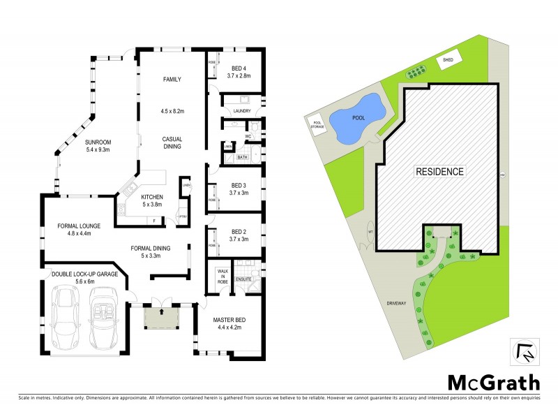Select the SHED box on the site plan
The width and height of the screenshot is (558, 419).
(x=448, y=61)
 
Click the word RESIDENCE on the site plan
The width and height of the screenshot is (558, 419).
(x=439, y=171)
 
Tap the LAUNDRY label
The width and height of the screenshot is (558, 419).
(x=242, y=111)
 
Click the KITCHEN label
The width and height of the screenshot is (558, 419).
(x=152, y=197)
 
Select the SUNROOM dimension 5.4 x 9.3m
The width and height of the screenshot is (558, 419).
(x=98, y=150)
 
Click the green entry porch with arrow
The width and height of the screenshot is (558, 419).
(x=161, y=318)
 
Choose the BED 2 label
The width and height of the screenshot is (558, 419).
(x=239, y=232)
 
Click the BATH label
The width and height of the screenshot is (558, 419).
(x=242, y=158)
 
